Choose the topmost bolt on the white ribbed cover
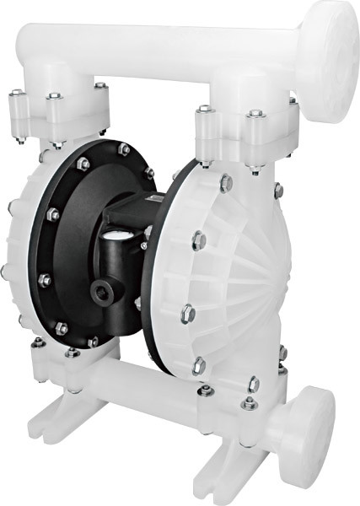click(x=226, y=182)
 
